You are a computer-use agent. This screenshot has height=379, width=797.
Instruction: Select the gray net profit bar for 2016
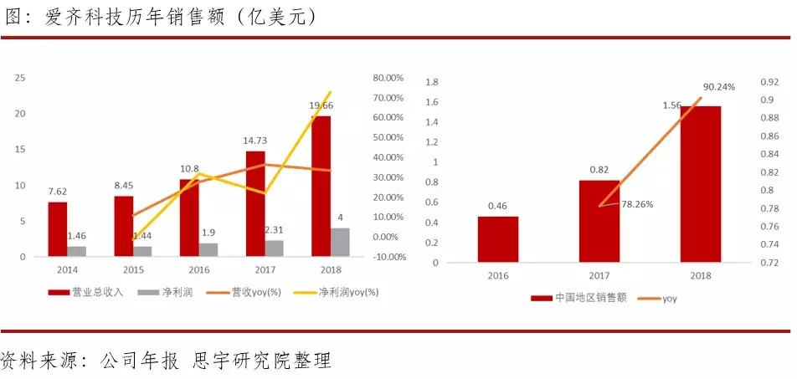[208, 249]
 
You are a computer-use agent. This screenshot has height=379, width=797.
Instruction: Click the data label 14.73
[255, 141]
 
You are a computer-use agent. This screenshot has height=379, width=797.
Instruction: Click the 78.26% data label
[636, 203]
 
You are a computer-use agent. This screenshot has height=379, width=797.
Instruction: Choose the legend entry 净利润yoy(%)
[347, 292]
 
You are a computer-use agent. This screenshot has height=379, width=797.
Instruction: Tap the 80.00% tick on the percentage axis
[388, 78]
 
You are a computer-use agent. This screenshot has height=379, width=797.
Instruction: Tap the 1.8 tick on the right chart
[433, 82]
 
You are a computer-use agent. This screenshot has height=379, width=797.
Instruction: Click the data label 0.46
[498, 204]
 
